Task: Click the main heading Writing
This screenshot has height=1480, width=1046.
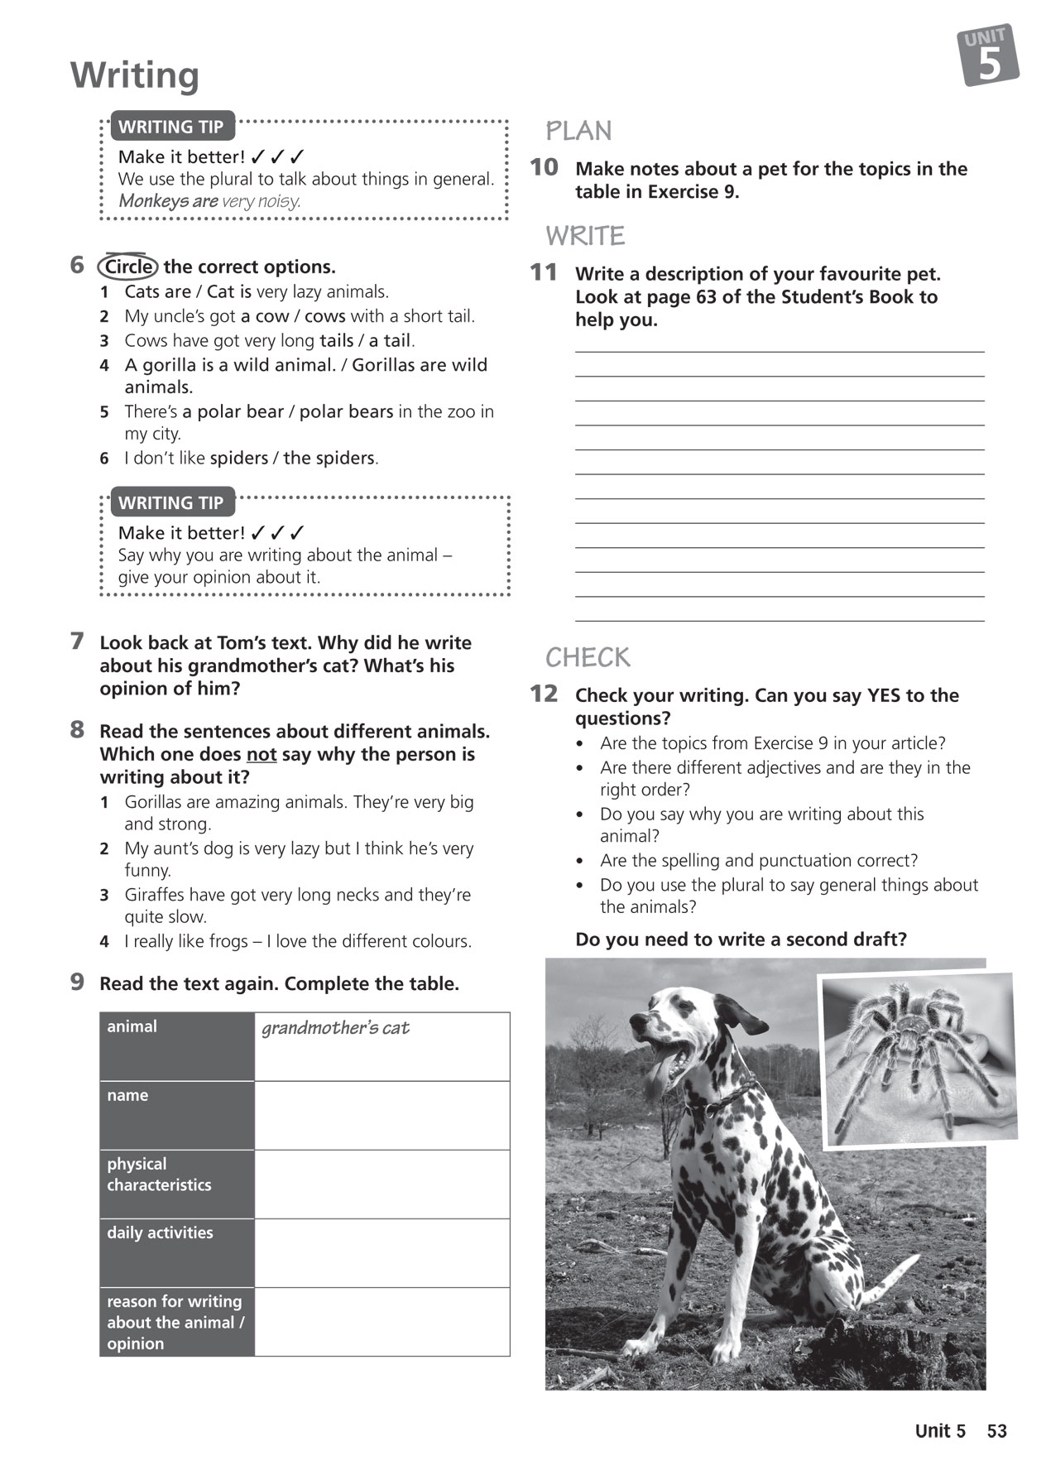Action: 135,75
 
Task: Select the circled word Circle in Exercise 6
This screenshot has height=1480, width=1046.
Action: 128,267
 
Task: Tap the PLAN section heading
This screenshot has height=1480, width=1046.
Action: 578,131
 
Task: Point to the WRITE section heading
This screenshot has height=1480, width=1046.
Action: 585,236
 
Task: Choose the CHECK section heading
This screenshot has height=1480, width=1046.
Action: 588,657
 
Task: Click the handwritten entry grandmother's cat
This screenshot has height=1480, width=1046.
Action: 335,1028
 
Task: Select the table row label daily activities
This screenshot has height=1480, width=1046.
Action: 160,1233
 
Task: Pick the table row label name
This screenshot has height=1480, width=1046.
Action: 127,1095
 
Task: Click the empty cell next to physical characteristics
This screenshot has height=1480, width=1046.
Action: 381,1184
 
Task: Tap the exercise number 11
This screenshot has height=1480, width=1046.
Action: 544,272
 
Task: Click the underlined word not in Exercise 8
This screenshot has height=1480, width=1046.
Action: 261,754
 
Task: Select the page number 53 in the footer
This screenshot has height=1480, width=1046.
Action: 996,1431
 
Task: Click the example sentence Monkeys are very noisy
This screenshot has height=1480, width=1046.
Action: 209,201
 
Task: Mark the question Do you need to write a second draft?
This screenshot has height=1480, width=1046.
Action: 741,939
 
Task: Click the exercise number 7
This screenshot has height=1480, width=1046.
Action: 78,641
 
